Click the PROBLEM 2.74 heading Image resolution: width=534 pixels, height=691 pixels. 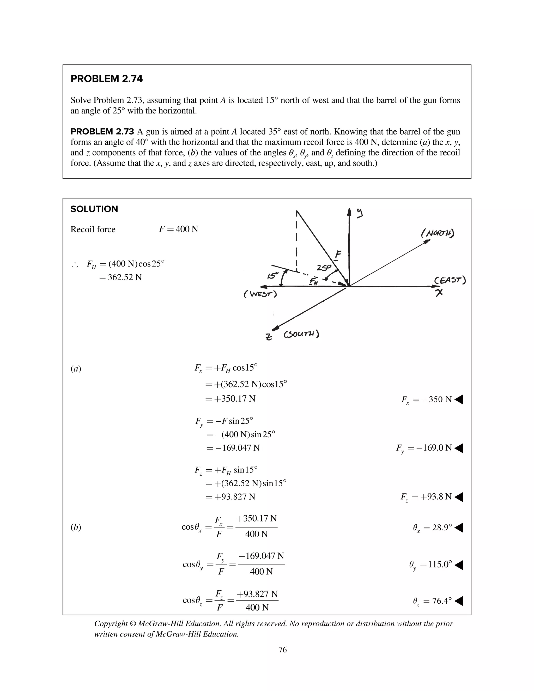click(x=106, y=79)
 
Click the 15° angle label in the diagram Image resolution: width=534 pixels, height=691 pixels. click(x=272, y=276)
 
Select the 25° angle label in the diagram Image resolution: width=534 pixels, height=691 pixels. click(x=323, y=268)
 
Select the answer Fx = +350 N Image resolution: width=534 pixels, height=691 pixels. click(x=426, y=399)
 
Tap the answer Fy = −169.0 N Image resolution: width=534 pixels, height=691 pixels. click(x=424, y=448)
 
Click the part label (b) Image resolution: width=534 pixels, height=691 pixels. click(x=76, y=527)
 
